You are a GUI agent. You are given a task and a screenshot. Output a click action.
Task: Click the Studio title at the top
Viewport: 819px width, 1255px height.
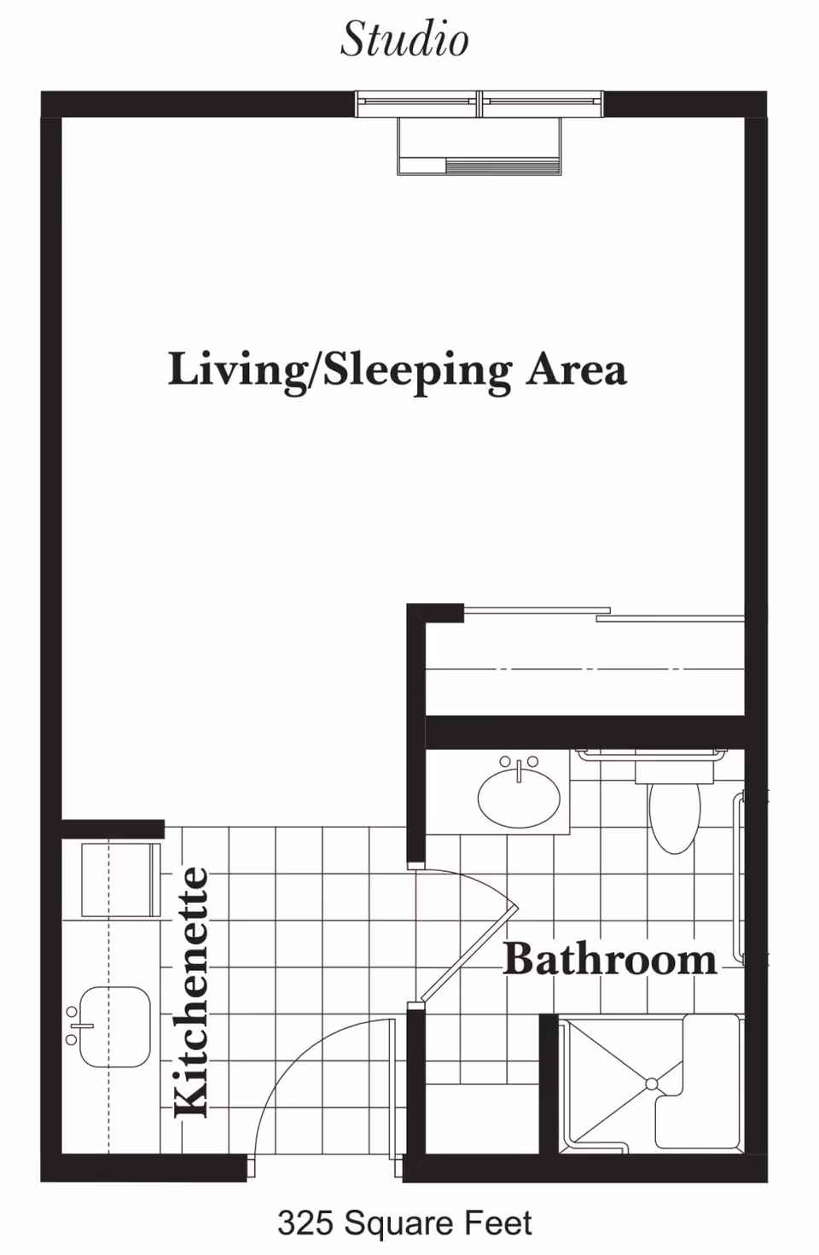pos(404,39)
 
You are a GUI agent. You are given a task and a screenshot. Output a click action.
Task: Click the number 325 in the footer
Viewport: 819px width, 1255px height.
pos(306,1223)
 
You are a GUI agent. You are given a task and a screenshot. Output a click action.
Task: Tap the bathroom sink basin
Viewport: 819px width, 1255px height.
pos(519,799)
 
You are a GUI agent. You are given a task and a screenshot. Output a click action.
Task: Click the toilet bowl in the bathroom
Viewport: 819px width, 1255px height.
pos(675,817)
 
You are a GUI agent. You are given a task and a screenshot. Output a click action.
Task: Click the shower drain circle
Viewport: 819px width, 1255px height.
pos(651,1084)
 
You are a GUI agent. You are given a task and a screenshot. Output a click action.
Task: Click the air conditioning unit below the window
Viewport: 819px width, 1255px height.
pos(479,147)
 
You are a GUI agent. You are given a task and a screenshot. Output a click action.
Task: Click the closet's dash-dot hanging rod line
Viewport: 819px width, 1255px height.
pos(585,669)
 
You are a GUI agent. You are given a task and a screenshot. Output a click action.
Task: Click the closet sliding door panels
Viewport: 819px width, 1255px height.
pos(604,614)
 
